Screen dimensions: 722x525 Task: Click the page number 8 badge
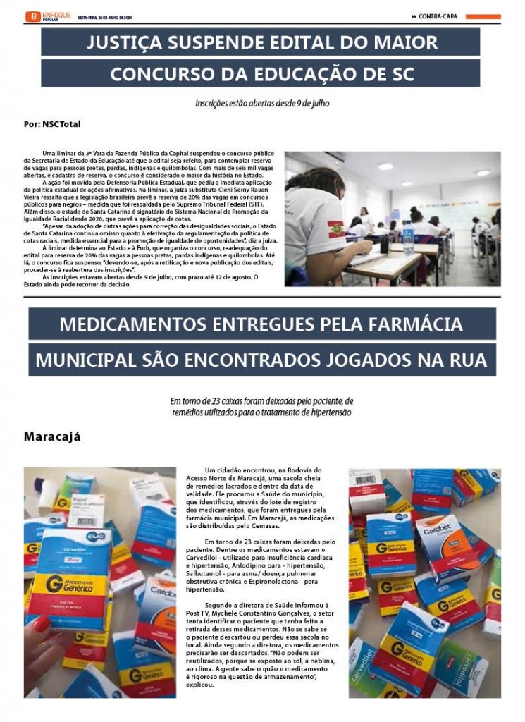coord(31,16)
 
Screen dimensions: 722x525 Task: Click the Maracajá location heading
coord(52,436)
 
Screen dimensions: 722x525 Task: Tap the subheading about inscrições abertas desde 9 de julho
coord(262,103)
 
